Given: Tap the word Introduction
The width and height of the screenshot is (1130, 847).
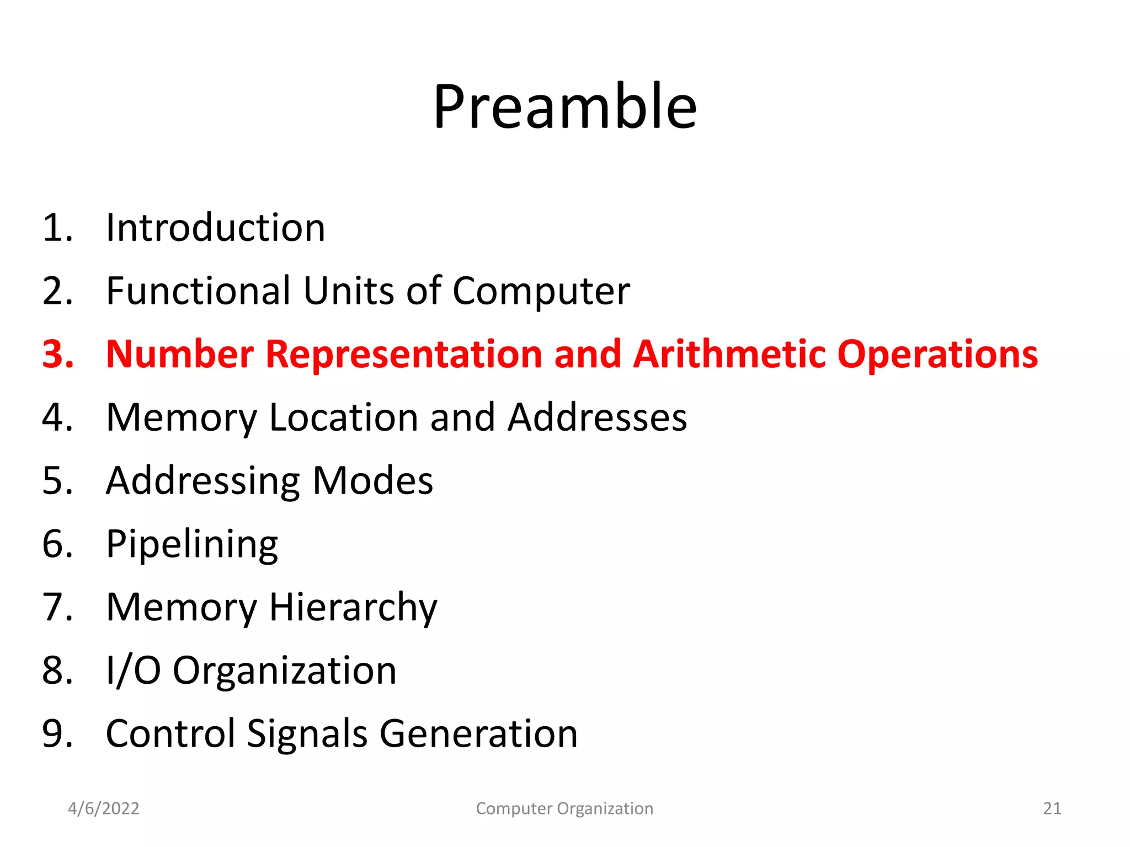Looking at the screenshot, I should pyautogui.click(x=215, y=228).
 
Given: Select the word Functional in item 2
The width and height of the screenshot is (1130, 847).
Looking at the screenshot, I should pyautogui.click(x=198, y=291).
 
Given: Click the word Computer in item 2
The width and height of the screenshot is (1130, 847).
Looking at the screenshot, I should pyautogui.click(x=541, y=292).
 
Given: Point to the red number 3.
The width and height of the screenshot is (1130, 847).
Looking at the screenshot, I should pyautogui.click(x=57, y=354).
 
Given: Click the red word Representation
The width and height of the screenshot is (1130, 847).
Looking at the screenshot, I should pyautogui.click(x=404, y=355).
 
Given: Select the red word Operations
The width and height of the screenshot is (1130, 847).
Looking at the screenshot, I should pyautogui.click(x=937, y=355).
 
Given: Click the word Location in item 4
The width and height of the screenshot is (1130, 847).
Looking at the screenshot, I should pyautogui.click(x=343, y=417).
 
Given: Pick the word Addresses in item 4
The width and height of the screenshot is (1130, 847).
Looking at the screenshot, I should pyautogui.click(x=597, y=417).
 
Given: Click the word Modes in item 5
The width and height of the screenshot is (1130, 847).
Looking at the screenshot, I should pyautogui.click(x=373, y=481).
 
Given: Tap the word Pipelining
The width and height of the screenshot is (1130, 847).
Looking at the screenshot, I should pyautogui.click(x=192, y=545).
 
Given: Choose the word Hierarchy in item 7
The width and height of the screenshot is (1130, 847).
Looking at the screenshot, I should pyautogui.click(x=353, y=608).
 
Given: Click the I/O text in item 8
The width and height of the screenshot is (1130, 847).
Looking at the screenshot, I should pyautogui.click(x=133, y=671).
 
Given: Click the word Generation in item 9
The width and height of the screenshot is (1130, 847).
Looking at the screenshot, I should pyautogui.click(x=478, y=734).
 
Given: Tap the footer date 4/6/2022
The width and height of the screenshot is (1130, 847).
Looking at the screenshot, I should pyautogui.click(x=103, y=808).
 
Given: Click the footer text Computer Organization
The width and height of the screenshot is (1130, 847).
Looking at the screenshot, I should pyautogui.click(x=564, y=808).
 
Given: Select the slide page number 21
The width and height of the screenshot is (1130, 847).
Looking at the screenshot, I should pyautogui.click(x=1052, y=808).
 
